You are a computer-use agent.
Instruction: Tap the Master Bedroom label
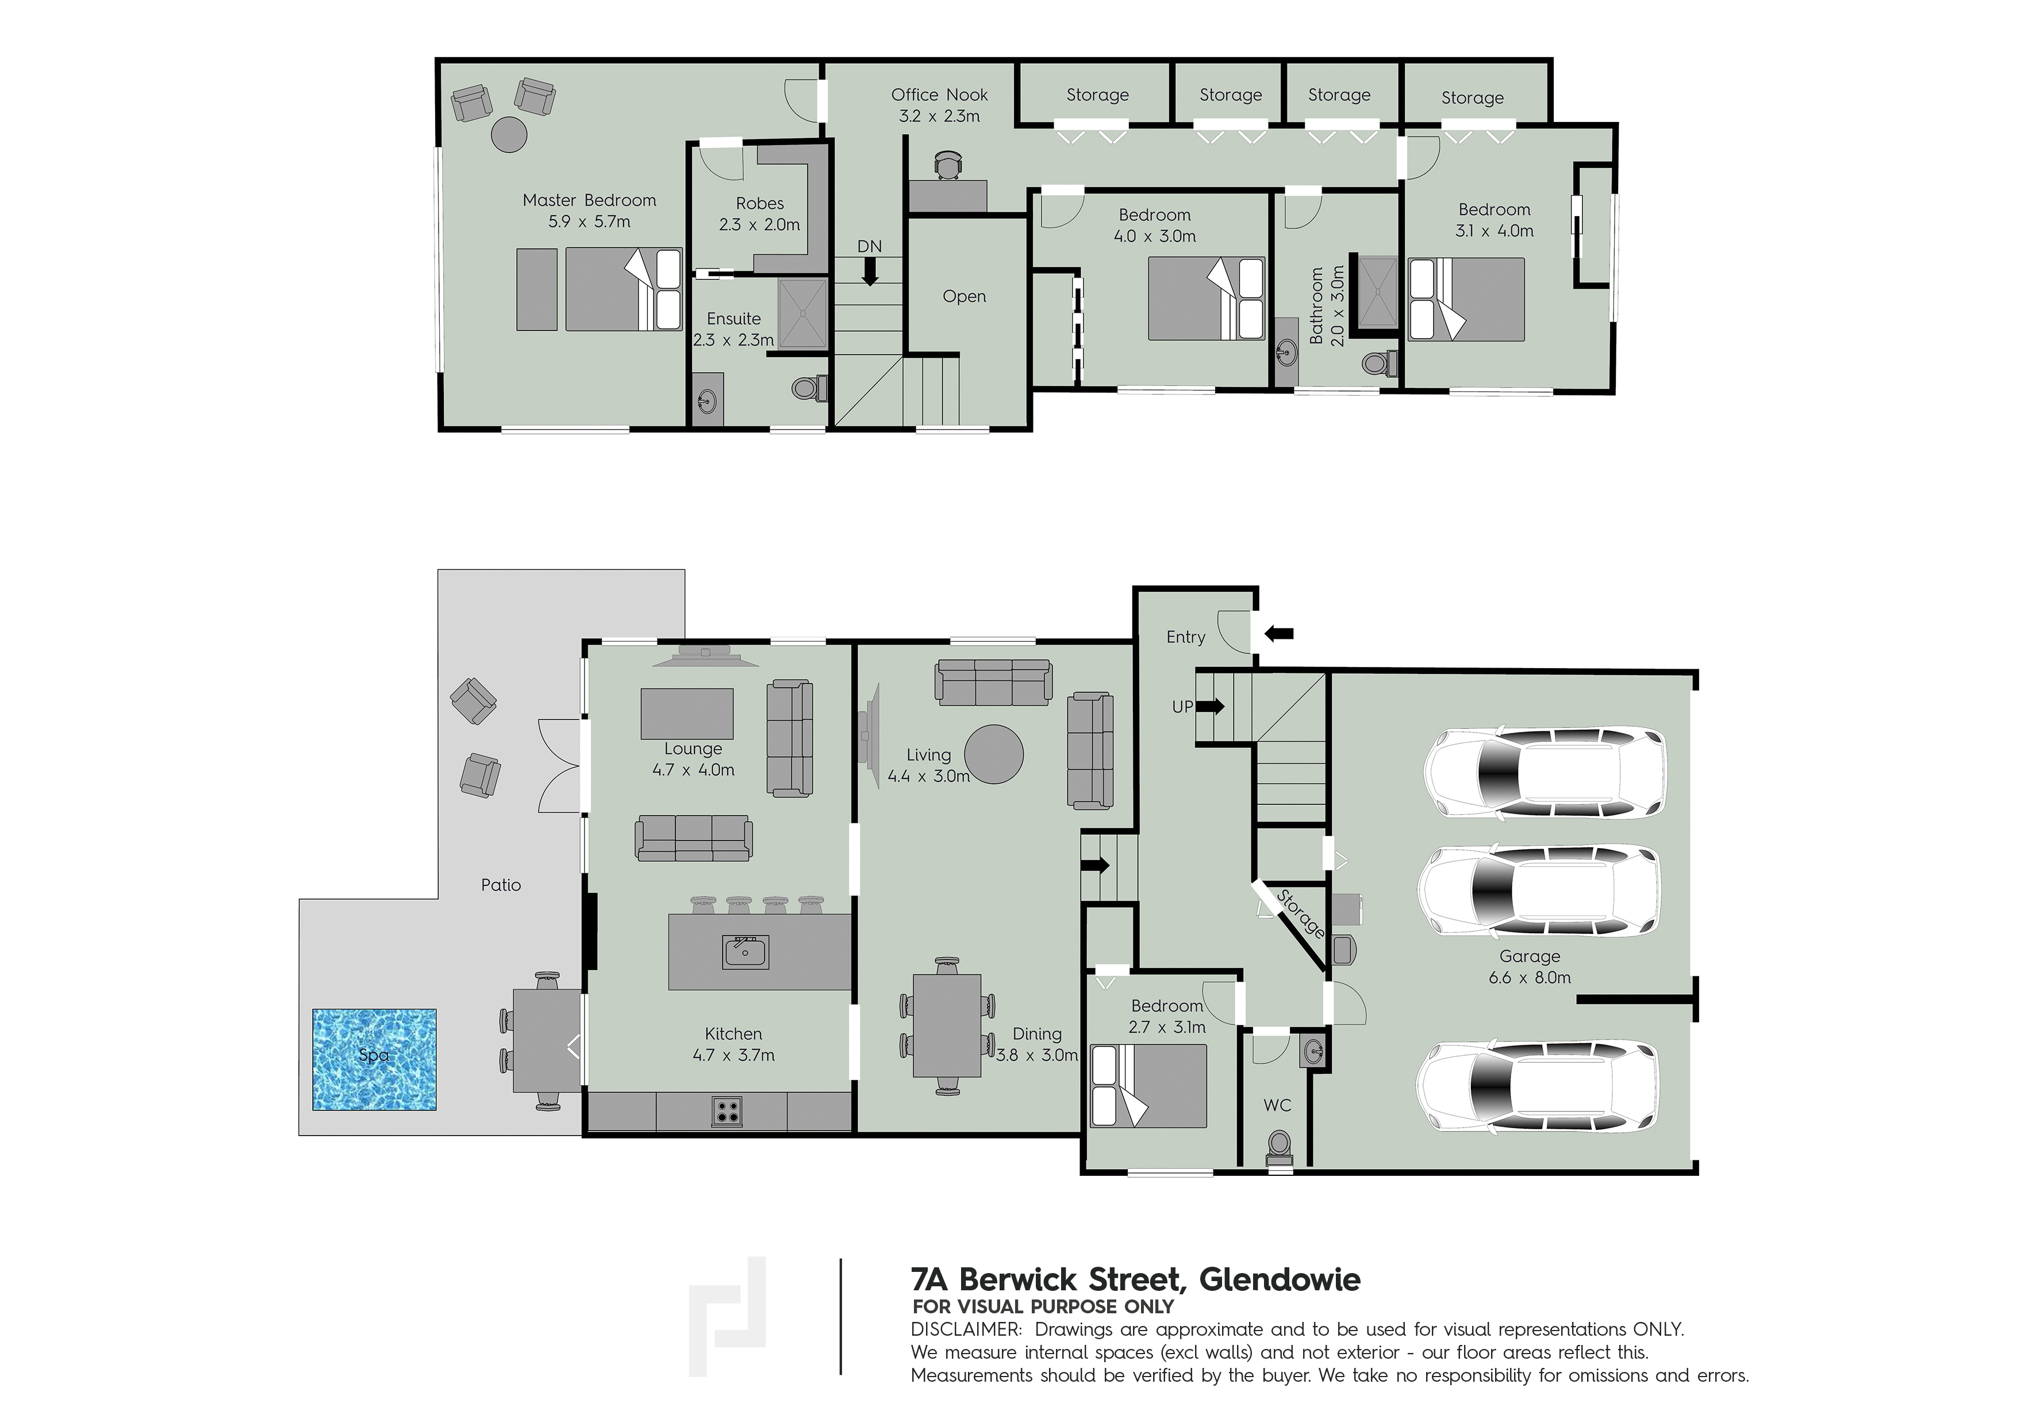589,200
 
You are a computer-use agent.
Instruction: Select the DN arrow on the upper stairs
870,273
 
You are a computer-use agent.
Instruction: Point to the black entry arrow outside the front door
1278,632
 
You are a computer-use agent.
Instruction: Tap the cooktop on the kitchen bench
727,1111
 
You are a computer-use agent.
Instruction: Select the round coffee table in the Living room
994,754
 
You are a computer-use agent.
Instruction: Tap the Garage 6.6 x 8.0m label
1530,967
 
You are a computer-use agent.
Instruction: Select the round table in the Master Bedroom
509,135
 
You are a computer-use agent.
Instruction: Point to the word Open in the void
965,297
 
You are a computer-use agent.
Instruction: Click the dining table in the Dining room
947,1025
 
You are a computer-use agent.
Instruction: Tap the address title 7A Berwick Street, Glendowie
1136,1279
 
